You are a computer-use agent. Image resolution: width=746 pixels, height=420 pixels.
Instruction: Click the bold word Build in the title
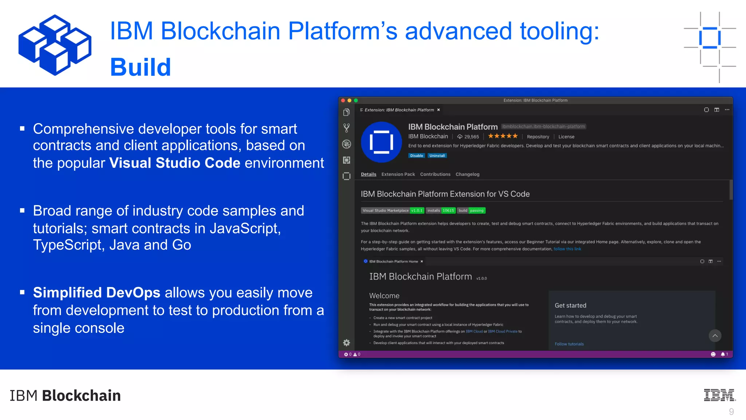tap(141, 67)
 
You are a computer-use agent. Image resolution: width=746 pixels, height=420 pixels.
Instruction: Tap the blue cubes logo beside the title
tap(55, 45)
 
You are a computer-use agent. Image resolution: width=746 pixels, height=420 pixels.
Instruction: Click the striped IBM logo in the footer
tap(719, 395)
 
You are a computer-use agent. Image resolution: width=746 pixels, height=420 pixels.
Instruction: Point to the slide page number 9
tap(731, 412)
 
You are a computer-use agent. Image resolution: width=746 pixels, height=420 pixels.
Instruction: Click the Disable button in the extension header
tap(416, 156)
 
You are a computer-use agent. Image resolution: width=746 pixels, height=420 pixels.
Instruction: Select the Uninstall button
tap(437, 156)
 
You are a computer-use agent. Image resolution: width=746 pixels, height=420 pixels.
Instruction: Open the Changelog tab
tap(467, 174)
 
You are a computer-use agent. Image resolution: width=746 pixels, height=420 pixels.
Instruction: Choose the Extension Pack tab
tap(398, 174)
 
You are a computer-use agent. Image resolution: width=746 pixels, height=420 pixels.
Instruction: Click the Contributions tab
tap(435, 174)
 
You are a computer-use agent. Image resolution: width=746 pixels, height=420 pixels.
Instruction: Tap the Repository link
tap(538, 137)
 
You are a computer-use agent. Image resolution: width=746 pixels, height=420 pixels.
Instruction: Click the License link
tap(566, 137)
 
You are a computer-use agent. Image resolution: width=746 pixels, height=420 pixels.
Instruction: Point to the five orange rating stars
tap(503, 136)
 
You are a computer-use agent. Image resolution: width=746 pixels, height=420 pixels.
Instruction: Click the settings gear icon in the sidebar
tap(346, 343)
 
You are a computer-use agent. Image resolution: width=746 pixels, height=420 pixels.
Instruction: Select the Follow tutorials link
tap(569, 344)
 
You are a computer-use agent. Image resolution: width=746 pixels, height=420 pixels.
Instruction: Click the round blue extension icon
tap(381, 142)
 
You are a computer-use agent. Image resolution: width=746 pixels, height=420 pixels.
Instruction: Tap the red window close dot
tap(343, 100)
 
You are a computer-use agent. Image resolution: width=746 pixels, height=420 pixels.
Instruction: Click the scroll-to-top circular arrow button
tap(715, 335)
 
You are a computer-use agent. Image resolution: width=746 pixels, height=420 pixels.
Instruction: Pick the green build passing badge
tap(471, 210)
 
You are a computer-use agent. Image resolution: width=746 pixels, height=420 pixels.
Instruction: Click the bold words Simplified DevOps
tap(97, 293)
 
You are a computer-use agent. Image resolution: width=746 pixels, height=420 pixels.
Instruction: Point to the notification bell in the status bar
tap(723, 354)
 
